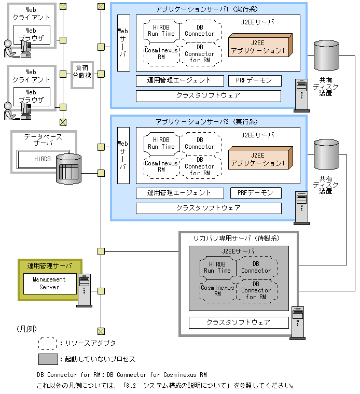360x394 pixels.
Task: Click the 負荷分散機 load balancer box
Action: pyautogui.click(x=82, y=74)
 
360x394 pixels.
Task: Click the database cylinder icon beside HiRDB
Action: pyautogui.click(x=68, y=168)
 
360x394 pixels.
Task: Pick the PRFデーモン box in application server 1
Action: pyautogui.click(x=255, y=80)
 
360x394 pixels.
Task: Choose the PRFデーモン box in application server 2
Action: pyautogui.click(x=255, y=193)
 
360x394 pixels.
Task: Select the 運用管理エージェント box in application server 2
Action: pyautogui.click(x=179, y=193)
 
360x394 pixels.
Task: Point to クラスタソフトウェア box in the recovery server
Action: pyautogui.click(x=238, y=322)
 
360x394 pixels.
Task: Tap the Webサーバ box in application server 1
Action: pyautogui.click(x=123, y=43)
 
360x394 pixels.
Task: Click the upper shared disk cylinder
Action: pyautogui.click(x=326, y=57)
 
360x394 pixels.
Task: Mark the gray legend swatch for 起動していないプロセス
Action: pyautogui.click(x=48, y=359)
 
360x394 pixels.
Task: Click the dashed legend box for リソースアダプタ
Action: pyautogui.click(x=48, y=343)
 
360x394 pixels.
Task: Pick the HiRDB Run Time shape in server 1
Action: pyautogui.click(x=161, y=30)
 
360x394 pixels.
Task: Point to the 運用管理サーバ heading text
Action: pyautogui.click(x=50, y=265)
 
